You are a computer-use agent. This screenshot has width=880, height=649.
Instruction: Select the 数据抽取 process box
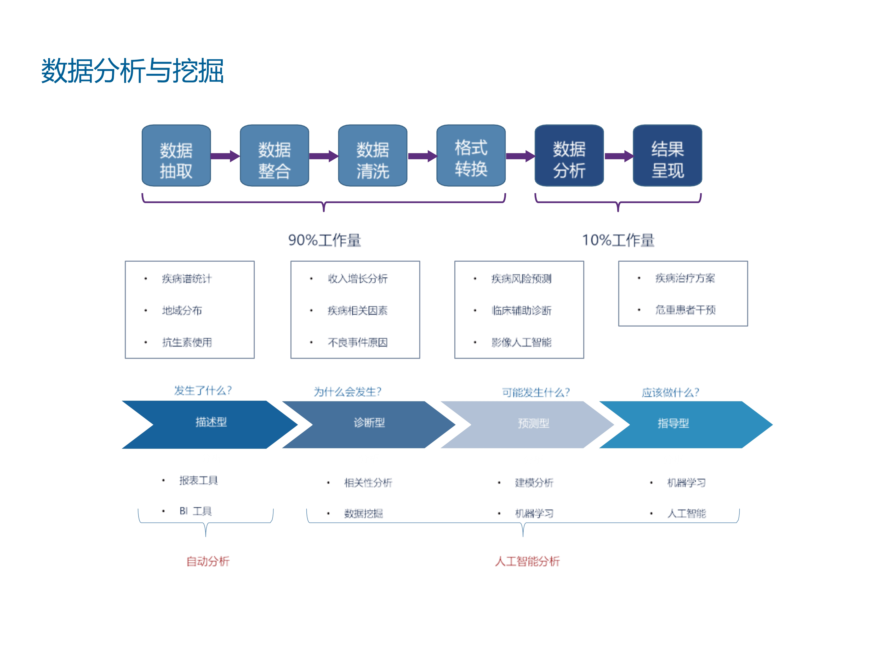[176, 155]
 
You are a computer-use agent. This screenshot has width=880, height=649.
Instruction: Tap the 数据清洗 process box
[373, 155]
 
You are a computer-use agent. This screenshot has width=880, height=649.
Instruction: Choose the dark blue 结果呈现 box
[667, 155]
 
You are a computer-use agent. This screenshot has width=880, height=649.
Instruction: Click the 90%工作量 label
[324, 240]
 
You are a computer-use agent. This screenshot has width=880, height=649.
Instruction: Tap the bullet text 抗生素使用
[187, 342]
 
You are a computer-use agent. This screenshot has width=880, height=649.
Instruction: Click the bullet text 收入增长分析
[358, 278]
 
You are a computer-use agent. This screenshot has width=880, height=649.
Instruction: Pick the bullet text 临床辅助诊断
[521, 310]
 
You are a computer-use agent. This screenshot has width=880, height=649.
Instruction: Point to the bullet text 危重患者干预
[685, 310]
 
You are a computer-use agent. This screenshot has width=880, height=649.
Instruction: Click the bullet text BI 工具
[196, 511]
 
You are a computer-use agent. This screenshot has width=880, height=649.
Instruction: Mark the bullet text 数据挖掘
[363, 513]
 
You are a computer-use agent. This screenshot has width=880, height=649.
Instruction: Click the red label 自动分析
[208, 561]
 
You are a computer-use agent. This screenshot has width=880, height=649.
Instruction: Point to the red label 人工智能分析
[527, 561]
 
